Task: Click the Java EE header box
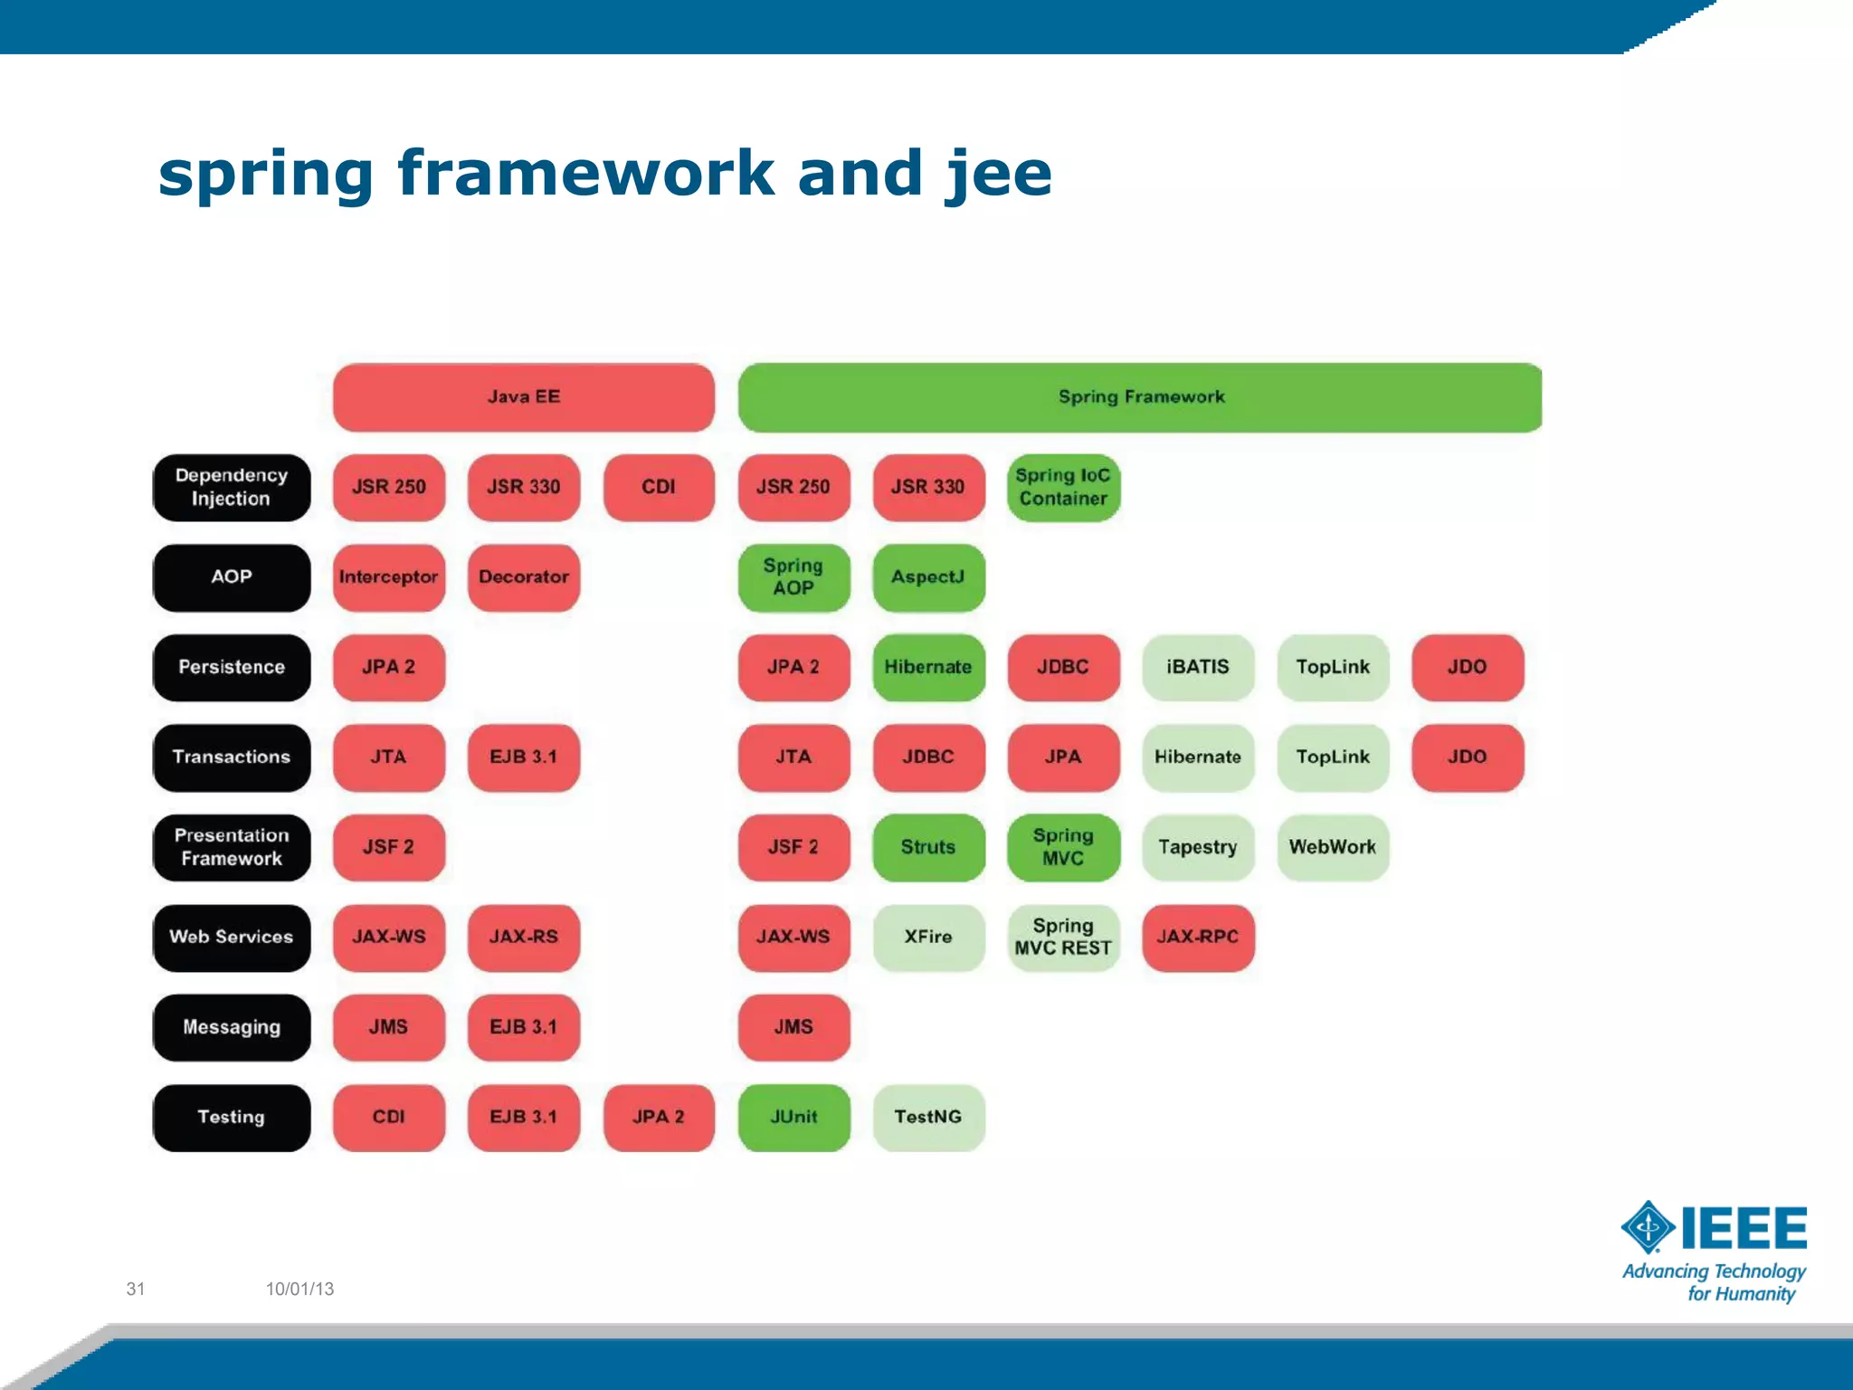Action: (x=523, y=397)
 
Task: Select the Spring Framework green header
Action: (x=1140, y=397)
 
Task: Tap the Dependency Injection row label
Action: (x=231, y=487)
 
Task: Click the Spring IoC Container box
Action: (x=1063, y=487)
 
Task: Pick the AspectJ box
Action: (x=928, y=577)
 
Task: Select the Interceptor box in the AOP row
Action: (x=388, y=577)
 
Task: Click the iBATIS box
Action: (x=1197, y=667)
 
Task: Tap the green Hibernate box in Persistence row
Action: (x=928, y=667)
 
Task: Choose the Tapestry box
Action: (x=1197, y=847)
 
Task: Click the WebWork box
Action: (x=1332, y=847)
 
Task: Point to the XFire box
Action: (x=928, y=937)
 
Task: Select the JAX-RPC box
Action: (x=1197, y=937)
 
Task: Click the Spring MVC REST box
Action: (x=1063, y=937)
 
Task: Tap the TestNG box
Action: (x=928, y=1117)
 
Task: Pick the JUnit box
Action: (x=793, y=1117)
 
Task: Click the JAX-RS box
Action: (x=523, y=937)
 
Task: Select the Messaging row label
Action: (x=231, y=1027)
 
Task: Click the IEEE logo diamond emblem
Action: (x=1648, y=1227)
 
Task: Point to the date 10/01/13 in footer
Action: (x=299, y=1289)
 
